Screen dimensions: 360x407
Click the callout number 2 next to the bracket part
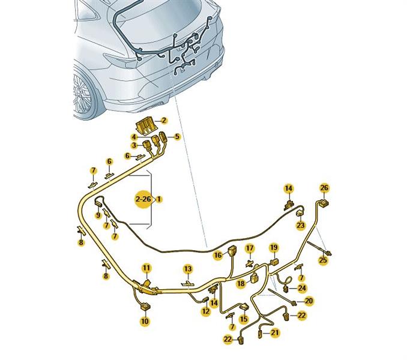click(x=164, y=121)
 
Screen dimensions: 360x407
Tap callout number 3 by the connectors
click(x=134, y=146)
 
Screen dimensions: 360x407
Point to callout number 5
click(x=177, y=137)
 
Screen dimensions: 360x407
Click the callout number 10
click(x=145, y=322)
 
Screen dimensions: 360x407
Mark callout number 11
click(x=146, y=267)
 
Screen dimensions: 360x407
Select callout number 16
click(x=218, y=255)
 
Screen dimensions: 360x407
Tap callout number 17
click(x=250, y=248)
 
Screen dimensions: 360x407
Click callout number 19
click(x=273, y=247)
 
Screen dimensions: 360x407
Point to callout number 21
click(x=275, y=332)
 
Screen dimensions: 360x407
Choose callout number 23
click(x=301, y=226)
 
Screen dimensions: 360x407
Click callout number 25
click(x=323, y=260)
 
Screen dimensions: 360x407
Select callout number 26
click(x=325, y=188)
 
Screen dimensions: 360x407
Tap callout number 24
click(x=302, y=288)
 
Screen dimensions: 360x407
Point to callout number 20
click(x=309, y=301)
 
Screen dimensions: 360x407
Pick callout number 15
click(x=244, y=320)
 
